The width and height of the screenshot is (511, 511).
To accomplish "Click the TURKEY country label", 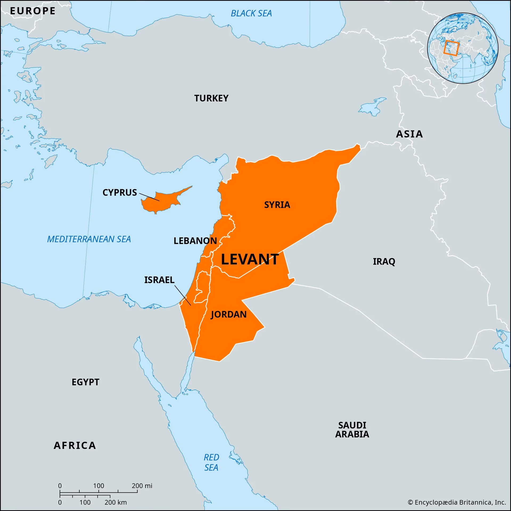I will (211, 98).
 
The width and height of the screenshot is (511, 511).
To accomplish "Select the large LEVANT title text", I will (250, 259).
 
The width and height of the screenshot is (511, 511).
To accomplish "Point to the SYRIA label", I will (277, 205).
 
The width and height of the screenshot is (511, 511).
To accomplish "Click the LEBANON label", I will (195, 241).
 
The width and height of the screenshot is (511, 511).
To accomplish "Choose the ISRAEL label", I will (159, 280).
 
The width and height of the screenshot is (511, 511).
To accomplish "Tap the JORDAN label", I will (229, 314).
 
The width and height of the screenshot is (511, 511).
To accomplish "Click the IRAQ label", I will (384, 261).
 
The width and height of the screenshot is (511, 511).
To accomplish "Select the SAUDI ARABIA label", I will (352, 430).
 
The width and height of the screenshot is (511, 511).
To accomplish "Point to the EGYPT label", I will (85, 382).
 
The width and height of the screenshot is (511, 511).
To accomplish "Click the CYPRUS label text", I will (119, 192).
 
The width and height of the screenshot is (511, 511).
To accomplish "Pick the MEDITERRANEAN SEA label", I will (89, 239).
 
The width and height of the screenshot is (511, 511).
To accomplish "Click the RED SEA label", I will (211, 462).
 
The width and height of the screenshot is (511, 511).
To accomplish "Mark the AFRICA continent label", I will (75, 445).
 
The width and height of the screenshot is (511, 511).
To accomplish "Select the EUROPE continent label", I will (32, 11).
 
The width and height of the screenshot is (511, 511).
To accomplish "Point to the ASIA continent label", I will (409, 134).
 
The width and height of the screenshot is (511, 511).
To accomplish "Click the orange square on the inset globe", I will (451, 48).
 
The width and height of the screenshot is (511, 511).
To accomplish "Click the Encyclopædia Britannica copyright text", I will (457, 502).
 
